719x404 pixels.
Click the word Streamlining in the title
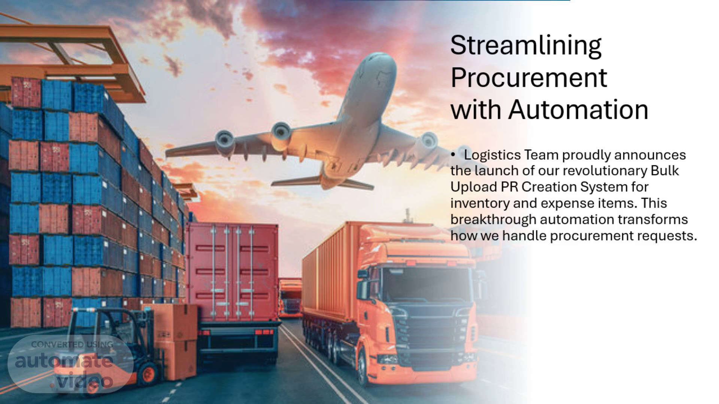tap(526, 46)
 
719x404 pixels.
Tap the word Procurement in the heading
tap(529, 78)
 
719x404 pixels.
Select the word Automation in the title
tap(578, 110)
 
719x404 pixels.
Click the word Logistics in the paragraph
tap(492, 155)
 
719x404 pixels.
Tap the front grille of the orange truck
tap(431, 333)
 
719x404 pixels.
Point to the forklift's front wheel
tap(149, 374)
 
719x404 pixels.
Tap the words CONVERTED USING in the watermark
tap(72, 345)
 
